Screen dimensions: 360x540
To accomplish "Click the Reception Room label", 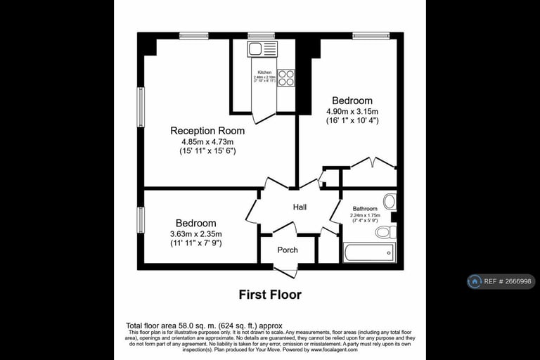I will [207, 131].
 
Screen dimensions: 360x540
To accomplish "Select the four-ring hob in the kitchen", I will [285, 77].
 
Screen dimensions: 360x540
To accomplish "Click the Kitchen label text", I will [264, 72].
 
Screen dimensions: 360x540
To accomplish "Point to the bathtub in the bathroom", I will [369, 252].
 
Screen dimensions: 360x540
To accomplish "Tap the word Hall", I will [300, 207].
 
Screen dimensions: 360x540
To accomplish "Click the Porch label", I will [288, 250].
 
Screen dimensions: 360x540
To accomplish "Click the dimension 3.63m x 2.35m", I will [196, 234].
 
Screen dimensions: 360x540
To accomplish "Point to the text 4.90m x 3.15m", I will [352, 111].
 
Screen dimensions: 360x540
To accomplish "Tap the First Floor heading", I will [270, 295].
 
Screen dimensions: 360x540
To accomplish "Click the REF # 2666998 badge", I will [501, 281].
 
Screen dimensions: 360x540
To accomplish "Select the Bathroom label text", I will [365, 209].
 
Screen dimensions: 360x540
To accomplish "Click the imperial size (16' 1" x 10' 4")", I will [352, 121].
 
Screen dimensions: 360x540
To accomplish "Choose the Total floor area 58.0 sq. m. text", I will [204, 326].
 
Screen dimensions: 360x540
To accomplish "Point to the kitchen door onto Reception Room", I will [263, 116].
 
